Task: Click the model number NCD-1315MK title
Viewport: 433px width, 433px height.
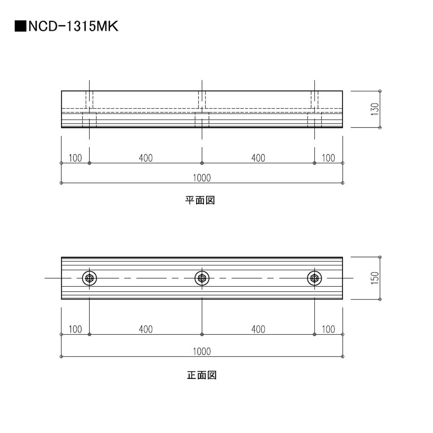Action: click(73, 26)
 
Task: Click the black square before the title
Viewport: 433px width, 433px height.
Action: click(20, 26)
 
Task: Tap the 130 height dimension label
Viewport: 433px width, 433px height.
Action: click(374, 109)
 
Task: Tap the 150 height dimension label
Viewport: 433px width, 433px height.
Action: click(374, 278)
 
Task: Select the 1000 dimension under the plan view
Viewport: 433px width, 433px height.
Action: click(202, 178)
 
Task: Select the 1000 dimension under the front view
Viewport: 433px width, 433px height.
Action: click(202, 351)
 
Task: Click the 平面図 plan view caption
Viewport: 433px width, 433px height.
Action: click(200, 200)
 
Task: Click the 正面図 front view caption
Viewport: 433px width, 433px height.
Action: click(202, 375)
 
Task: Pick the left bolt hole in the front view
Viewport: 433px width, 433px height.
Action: click(89, 278)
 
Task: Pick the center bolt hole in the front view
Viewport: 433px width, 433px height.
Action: click(202, 278)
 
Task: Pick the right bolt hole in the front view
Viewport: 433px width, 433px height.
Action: click(314, 278)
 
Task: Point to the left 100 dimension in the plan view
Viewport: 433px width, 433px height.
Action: click(75, 158)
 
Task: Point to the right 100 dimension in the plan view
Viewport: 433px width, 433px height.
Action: click(328, 158)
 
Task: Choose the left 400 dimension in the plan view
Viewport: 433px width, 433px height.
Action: click(146, 158)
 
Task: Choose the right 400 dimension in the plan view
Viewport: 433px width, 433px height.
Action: click(258, 158)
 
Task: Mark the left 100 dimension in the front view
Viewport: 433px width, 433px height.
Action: click(75, 329)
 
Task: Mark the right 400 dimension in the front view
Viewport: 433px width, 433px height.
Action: click(258, 329)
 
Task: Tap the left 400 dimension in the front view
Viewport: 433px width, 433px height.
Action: click(146, 329)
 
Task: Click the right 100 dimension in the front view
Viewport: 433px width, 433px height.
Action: click(328, 329)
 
